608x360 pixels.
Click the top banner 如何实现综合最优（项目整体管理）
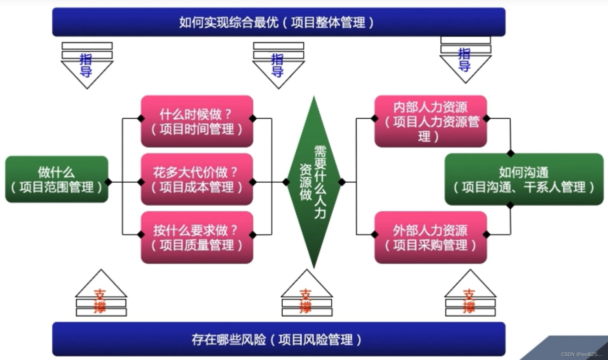(x=278, y=22)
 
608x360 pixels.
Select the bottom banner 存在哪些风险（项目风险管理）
(x=278, y=339)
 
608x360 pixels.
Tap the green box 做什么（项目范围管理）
(x=57, y=179)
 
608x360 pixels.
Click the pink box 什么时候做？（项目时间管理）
(x=197, y=121)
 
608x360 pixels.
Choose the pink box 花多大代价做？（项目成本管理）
(x=197, y=179)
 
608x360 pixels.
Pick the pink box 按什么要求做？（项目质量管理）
(x=197, y=238)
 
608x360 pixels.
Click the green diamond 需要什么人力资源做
(x=314, y=182)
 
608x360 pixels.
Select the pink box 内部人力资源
(x=431, y=121)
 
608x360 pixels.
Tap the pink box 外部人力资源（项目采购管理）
(x=431, y=238)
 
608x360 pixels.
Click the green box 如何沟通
(x=524, y=179)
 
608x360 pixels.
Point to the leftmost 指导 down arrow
(x=87, y=66)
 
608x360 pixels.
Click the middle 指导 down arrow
(x=278, y=66)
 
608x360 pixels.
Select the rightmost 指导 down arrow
(x=465, y=60)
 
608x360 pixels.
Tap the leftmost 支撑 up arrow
(x=101, y=294)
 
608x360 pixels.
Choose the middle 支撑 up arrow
(x=307, y=294)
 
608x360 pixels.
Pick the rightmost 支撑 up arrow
(x=470, y=294)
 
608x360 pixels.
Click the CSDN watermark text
(x=581, y=354)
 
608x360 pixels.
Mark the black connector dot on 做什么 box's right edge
(x=108, y=182)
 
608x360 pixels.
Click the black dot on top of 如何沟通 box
(x=510, y=153)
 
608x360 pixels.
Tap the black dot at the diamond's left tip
(x=286, y=182)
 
